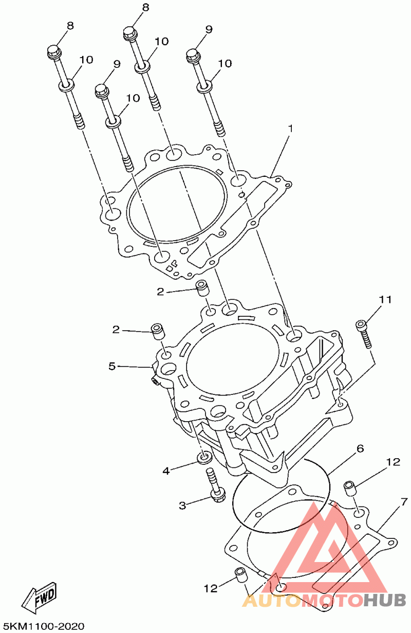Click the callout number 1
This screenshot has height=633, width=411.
(290, 129)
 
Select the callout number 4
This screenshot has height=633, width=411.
(166, 471)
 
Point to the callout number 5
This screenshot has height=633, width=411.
(112, 366)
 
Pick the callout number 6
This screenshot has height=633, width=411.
(360, 448)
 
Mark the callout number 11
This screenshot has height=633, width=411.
(385, 299)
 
